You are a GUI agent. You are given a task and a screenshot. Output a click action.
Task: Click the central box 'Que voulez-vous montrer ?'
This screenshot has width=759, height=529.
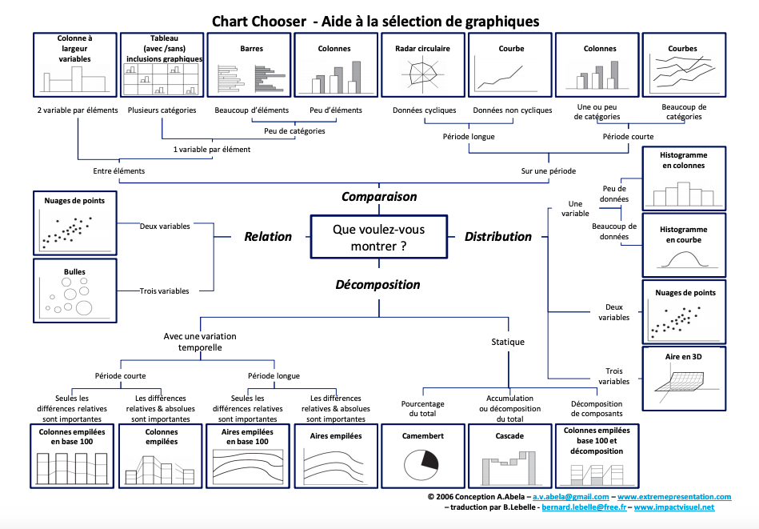(x=378, y=237)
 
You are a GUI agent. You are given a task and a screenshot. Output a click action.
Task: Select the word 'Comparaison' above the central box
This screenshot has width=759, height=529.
(x=379, y=197)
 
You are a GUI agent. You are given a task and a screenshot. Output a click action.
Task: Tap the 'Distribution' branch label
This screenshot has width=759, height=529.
(x=498, y=236)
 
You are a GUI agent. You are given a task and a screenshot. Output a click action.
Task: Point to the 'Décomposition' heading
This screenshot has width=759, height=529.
(x=378, y=285)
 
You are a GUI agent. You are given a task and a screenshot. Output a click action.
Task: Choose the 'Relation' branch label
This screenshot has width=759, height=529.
(x=268, y=236)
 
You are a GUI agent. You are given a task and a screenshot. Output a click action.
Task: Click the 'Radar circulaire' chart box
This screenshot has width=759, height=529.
(x=422, y=65)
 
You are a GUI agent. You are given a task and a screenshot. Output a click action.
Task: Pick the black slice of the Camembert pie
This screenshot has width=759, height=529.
(x=429, y=459)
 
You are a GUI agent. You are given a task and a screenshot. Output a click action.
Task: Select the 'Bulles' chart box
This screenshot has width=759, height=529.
(x=75, y=291)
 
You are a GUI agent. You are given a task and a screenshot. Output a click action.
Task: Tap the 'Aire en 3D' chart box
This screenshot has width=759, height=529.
(x=684, y=379)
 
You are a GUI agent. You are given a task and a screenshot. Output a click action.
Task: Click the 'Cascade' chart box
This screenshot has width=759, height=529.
(x=509, y=456)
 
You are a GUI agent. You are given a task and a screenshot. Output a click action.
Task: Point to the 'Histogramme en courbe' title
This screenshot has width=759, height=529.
(x=684, y=234)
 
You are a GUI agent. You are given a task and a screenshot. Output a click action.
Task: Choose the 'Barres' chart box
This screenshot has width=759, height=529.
(x=249, y=65)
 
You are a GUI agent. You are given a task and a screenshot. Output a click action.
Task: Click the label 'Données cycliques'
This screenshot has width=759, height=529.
(x=425, y=110)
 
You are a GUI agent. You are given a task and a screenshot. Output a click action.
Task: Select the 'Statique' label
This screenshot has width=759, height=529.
(x=508, y=342)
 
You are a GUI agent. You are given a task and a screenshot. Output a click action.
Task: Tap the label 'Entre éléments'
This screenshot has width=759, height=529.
(x=119, y=171)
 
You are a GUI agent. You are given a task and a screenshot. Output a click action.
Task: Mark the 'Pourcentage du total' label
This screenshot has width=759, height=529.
(x=422, y=408)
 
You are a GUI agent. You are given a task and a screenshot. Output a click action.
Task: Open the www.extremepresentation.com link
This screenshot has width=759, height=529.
(x=674, y=497)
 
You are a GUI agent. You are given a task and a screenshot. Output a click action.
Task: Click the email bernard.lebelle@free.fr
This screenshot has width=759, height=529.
(x=584, y=507)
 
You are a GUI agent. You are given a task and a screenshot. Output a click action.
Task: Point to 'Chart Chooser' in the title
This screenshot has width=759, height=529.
(x=259, y=22)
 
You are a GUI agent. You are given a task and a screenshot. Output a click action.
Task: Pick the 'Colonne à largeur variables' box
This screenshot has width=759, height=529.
(x=75, y=65)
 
